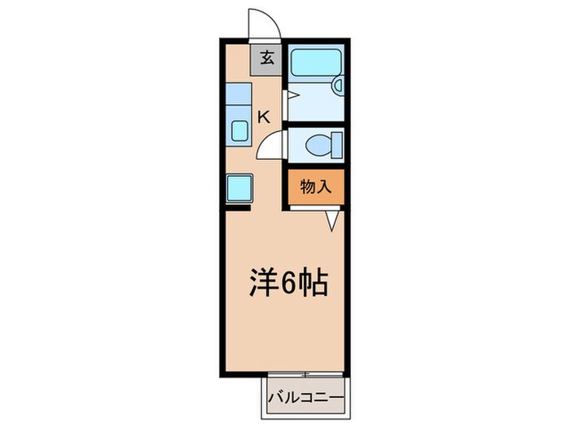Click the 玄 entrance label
click(267, 59)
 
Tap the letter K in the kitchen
click(263, 117)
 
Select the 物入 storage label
click(316, 187)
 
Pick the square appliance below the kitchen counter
click(239, 188)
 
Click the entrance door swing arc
click(263, 22)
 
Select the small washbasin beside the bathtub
click(340, 86)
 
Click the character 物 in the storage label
click(308, 187)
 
